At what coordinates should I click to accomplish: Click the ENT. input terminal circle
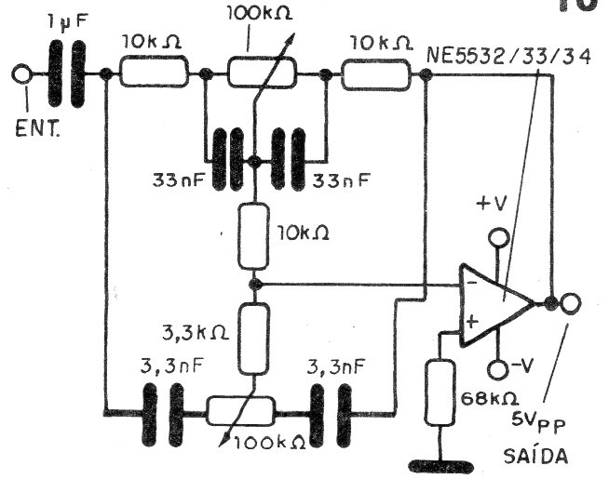[x=21, y=73]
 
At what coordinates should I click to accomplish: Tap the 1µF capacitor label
[x=68, y=22]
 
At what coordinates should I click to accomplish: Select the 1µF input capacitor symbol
[x=67, y=73]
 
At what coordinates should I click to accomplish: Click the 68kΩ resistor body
[x=440, y=393]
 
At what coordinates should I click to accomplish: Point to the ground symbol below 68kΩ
[x=441, y=466]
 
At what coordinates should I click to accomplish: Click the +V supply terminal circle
[x=497, y=237]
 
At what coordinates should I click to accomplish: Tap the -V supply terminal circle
[x=497, y=369]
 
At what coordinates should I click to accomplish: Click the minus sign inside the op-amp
[x=472, y=283]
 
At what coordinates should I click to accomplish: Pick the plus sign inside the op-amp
[x=471, y=321]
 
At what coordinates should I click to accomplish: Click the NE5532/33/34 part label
[x=508, y=57]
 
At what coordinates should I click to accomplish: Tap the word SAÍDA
[x=535, y=456]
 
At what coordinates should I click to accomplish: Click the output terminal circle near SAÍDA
[x=571, y=303]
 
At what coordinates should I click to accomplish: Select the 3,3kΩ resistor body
[x=253, y=339]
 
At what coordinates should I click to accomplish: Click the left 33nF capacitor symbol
[x=228, y=160]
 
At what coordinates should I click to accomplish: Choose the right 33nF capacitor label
[x=342, y=180]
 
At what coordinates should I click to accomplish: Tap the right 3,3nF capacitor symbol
[x=331, y=415]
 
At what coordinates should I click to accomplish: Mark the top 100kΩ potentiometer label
[x=260, y=14]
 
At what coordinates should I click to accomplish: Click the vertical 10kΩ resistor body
[x=253, y=236]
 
